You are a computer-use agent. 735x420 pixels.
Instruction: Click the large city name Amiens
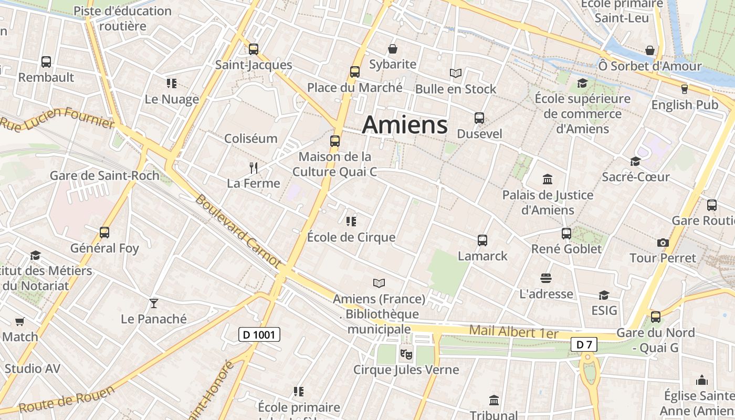click(x=405, y=125)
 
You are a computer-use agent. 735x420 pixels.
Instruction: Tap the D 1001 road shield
click(x=259, y=334)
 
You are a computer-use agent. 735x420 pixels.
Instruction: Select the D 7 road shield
click(x=584, y=344)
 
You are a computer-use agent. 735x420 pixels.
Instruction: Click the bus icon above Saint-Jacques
click(x=254, y=49)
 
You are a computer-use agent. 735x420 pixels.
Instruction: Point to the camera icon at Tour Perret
click(x=663, y=243)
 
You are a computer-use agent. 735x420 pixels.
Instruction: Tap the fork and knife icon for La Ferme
click(x=254, y=168)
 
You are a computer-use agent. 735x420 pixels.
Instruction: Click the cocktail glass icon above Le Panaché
click(x=153, y=303)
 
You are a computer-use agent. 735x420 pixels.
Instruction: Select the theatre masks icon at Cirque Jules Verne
click(x=406, y=354)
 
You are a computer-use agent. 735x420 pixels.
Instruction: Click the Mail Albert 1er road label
click(x=513, y=332)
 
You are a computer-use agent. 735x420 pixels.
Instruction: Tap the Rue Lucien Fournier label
click(x=58, y=118)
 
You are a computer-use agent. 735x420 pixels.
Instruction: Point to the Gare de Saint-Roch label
click(x=104, y=175)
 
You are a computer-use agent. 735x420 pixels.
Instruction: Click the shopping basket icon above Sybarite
click(x=393, y=49)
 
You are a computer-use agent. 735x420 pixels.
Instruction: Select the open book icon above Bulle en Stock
click(x=456, y=73)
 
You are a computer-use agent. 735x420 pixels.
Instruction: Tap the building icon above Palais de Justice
click(x=548, y=180)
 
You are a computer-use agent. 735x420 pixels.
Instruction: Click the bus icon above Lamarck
click(x=482, y=240)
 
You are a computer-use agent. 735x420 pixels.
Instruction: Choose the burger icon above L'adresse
click(x=546, y=278)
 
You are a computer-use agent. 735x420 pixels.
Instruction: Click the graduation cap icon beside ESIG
click(x=604, y=295)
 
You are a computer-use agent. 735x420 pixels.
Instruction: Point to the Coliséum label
click(x=250, y=139)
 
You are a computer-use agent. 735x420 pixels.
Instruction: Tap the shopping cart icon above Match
click(x=19, y=321)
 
